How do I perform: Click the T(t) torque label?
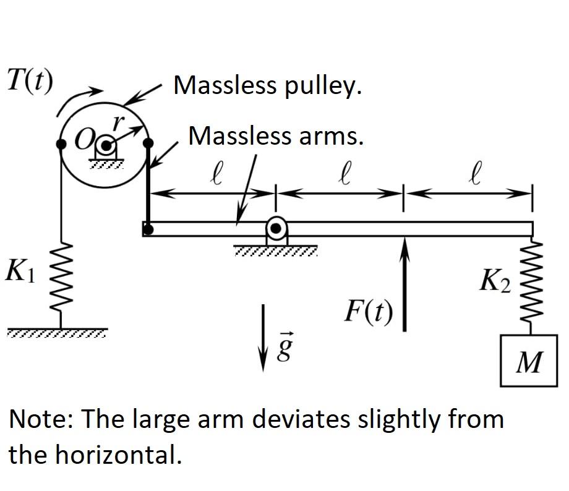point(30,80)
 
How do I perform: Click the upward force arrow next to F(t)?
point(404,284)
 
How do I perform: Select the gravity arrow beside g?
point(265,336)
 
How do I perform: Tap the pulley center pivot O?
point(105,146)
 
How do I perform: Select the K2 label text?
point(495,283)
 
